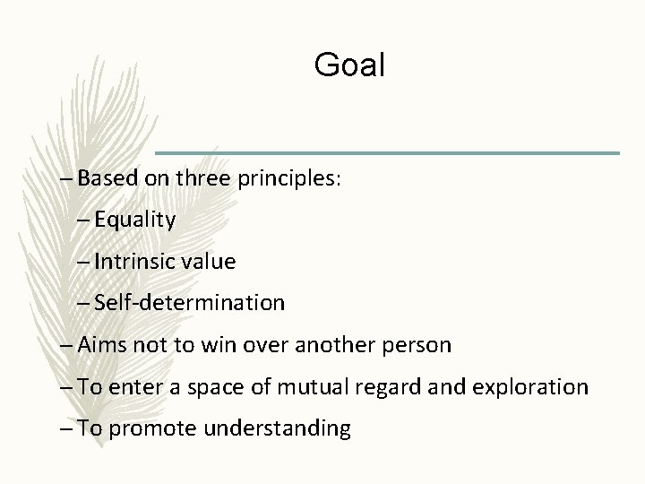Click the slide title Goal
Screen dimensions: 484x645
pyautogui.click(x=349, y=65)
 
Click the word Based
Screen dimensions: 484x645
pyautogui.click(x=108, y=177)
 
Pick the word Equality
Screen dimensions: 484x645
pyautogui.click(x=135, y=220)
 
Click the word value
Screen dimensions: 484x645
pyautogui.click(x=211, y=262)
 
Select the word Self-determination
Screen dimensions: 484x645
pyautogui.click(x=190, y=303)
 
